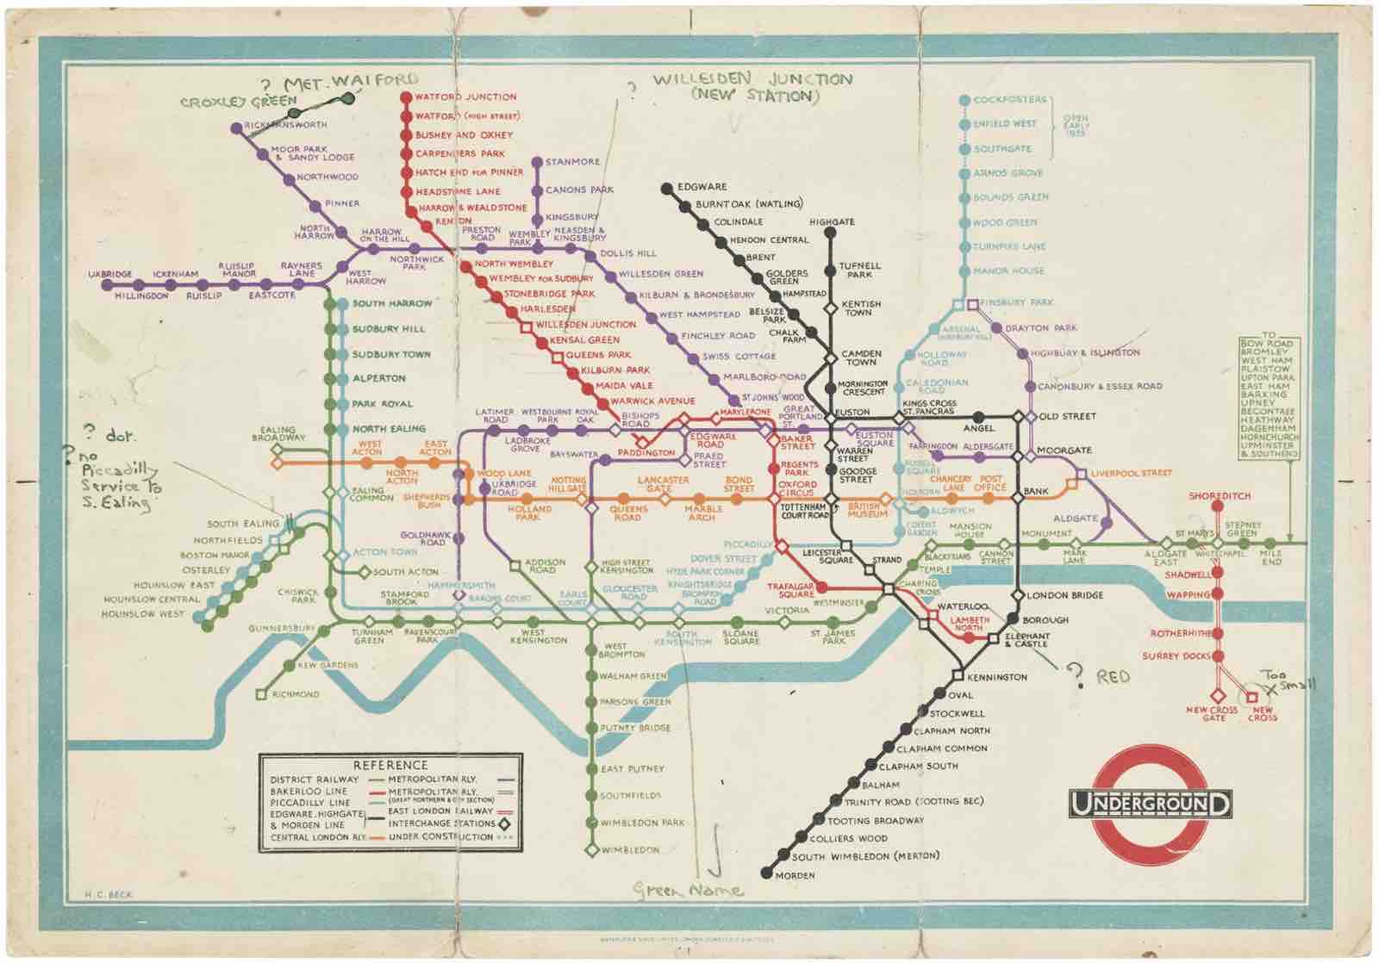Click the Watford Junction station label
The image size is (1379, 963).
pyautogui.click(x=465, y=96)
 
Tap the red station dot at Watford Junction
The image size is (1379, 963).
pyautogui.click(x=406, y=96)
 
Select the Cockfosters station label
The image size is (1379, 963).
pyautogui.click(x=1009, y=100)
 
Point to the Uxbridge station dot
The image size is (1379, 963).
pyautogui.click(x=107, y=284)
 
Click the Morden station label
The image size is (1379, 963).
pyautogui.click(x=795, y=875)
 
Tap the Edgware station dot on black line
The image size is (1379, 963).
pyautogui.click(x=666, y=187)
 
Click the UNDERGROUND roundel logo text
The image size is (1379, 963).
pyautogui.click(x=1150, y=804)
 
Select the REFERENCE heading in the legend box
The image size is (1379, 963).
pyautogui.click(x=390, y=765)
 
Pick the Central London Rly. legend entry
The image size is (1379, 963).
pyautogui.click(x=317, y=837)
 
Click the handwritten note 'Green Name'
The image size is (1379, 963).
pyautogui.click(x=689, y=891)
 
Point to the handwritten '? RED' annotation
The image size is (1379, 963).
pyautogui.click(x=1099, y=677)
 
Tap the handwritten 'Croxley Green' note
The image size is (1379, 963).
pyautogui.click(x=238, y=102)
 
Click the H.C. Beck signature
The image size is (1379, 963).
pyautogui.click(x=109, y=895)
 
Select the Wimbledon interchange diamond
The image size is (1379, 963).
pyautogui.click(x=591, y=850)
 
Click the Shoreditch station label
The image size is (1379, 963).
pyautogui.click(x=1219, y=496)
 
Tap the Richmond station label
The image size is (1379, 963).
pyautogui.click(x=296, y=694)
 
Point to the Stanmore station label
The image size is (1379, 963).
pyautogui.click(x=572, y=162)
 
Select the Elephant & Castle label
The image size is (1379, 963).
pyautogui.click(x=1026, y=640)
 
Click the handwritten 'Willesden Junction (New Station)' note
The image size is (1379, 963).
pyautogui.click(x=752, y=87)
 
